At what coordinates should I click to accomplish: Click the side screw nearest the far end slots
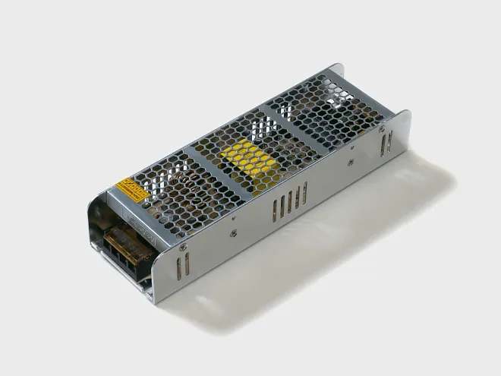pos(350,161)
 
